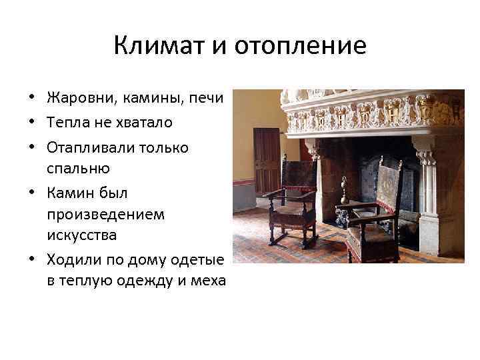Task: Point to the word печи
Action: click(206, 99)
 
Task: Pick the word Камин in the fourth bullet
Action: click(71, 193)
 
